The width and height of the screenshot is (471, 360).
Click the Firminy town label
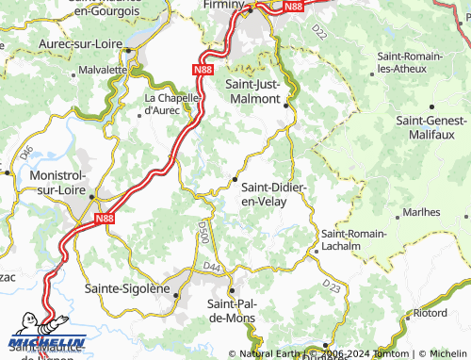point(221,5)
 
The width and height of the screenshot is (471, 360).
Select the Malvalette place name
point(104,69)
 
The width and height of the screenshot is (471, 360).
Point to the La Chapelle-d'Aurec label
point(171,104)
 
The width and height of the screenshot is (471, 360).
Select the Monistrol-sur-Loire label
point(58,182)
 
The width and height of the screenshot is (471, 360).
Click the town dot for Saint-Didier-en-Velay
point(235,179)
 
